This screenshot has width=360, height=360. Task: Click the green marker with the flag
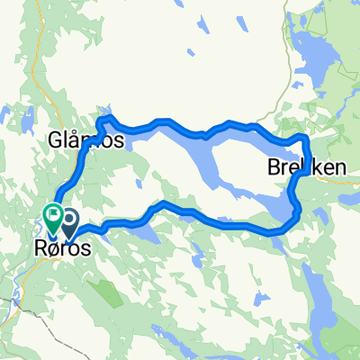coord(52,216)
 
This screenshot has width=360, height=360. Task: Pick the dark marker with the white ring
coord(67,220)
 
